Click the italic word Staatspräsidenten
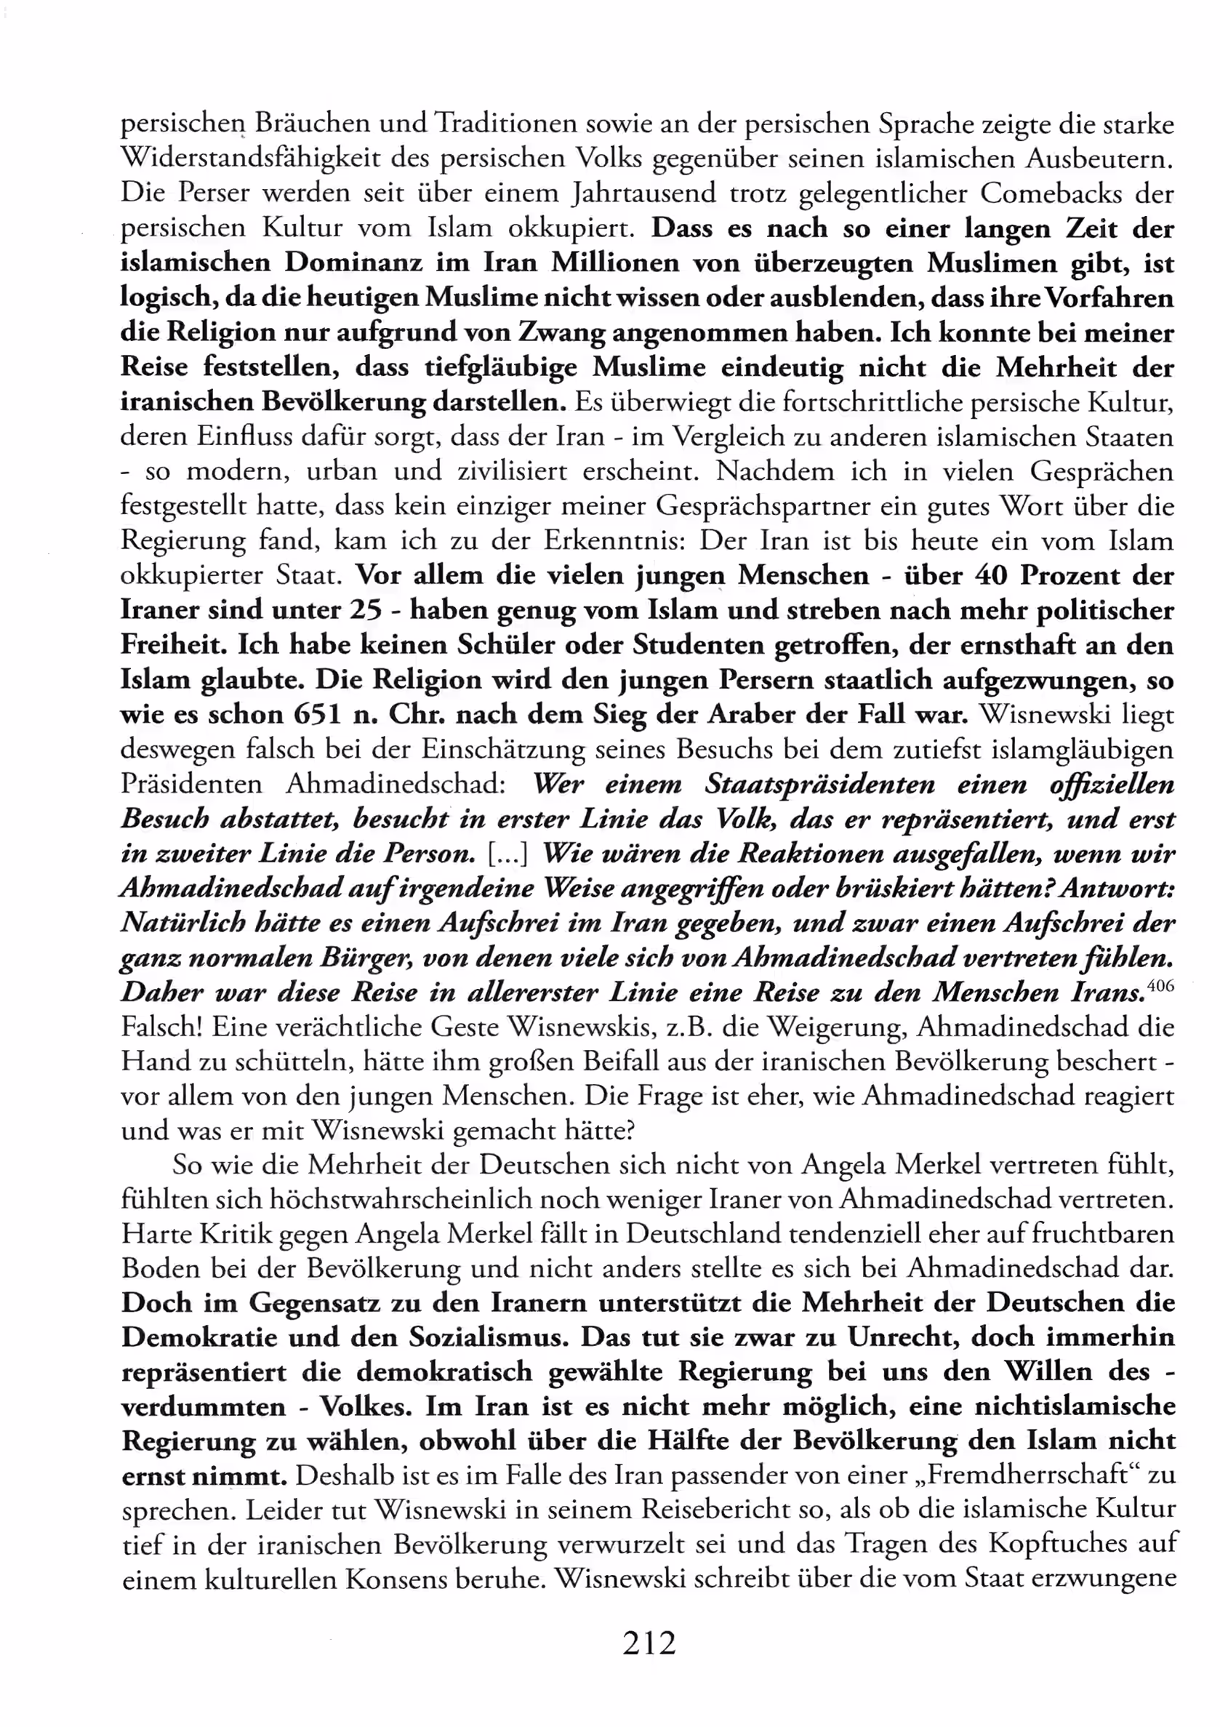click(820, 784)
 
